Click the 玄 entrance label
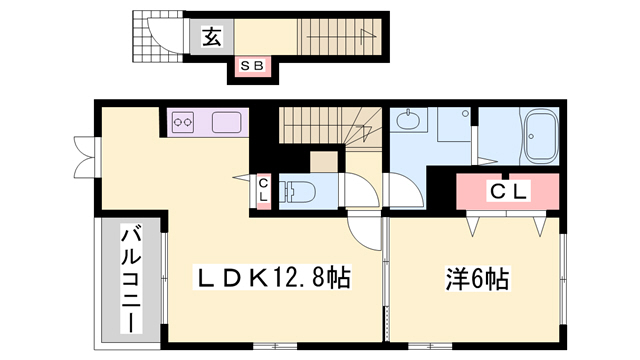click(212, 37)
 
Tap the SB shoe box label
click(252, 65)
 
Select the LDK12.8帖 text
click(271, 278)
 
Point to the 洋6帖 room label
click(477, 279)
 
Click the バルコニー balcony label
click(131, 281)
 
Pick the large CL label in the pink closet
click(509, 191)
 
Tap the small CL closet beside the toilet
click(263, 190)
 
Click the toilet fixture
click(298, 191)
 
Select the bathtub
click(541, 137)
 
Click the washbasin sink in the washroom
click(407, 120)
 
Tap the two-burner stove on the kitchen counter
click(183, 122)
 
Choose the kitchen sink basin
click(227, 122)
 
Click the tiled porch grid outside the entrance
click(158, 36)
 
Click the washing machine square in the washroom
click(454, 124)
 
